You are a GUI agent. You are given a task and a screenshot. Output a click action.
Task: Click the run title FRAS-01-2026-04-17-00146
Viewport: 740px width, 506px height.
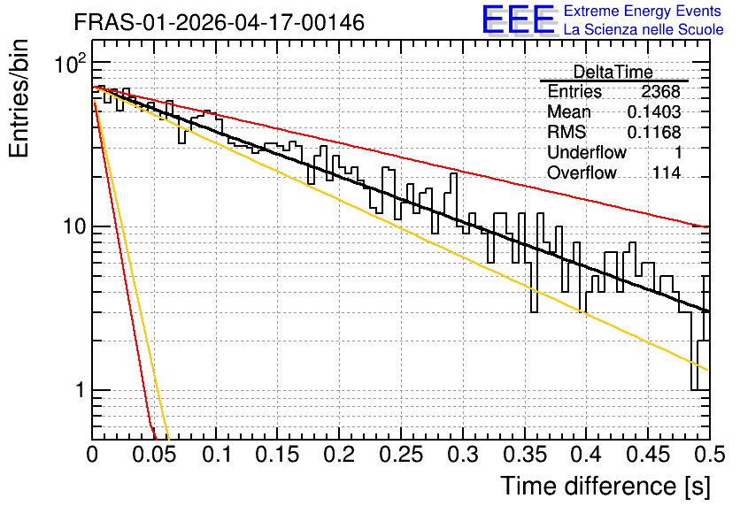click(220, 22)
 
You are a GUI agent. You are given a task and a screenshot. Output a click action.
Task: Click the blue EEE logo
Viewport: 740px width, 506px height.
click(518, 19)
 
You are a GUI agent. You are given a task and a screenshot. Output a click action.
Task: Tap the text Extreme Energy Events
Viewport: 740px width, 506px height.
click(643, 11)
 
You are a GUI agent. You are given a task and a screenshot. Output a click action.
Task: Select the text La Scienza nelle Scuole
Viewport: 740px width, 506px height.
click(644, 30)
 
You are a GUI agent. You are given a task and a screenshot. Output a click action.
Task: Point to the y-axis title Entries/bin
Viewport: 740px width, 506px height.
click(19, 98)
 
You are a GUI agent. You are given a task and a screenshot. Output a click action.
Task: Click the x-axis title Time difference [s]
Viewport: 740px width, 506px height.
click(605, 486)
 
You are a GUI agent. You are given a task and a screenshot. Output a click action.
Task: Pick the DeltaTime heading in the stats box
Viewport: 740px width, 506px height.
click(613, 72)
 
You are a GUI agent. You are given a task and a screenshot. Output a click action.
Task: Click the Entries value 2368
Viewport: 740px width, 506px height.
click(660, 91)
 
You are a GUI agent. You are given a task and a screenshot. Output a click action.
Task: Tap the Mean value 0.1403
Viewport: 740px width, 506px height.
click(654, 111)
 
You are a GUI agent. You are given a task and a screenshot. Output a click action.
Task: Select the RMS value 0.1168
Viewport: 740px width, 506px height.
click(654, 133)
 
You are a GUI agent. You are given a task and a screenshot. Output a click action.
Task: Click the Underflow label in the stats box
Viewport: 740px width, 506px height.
click(587, 152)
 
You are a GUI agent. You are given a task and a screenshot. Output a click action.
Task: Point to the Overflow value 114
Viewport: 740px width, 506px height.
click(667, 173)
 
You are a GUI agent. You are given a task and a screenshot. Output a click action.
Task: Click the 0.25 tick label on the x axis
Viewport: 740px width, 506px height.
click(401, 455)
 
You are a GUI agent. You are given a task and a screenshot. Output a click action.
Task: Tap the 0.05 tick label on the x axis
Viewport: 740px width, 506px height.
click(154, 455)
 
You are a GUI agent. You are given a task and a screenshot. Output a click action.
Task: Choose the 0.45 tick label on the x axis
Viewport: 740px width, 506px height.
click(649, 455)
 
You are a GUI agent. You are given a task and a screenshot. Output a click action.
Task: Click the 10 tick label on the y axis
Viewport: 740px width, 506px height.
click(75, 226)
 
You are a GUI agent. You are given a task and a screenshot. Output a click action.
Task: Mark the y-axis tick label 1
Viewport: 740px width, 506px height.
click(81, 390)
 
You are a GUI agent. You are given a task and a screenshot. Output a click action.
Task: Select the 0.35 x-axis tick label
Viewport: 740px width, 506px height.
click(525, 455)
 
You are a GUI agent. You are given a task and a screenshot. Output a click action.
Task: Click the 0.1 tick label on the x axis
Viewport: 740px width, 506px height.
click(217, 455)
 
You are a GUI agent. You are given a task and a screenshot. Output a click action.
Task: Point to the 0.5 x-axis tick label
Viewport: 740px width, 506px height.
click(710, 455)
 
